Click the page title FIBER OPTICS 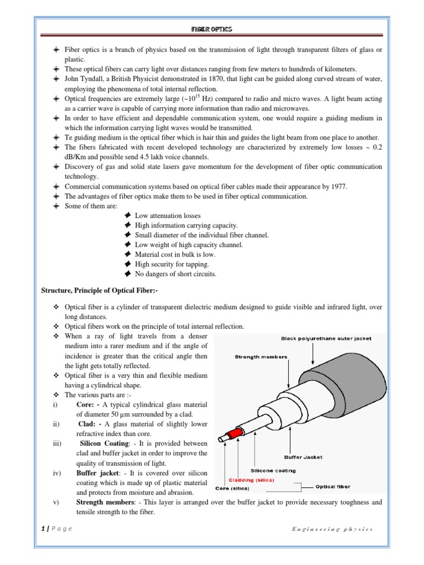click(x=212, y=29)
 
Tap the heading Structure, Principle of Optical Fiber click(x=100, y=291)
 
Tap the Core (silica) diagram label click(x=232, y=488)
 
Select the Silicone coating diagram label click(x=273, y=471)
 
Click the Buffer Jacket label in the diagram click(x=303, y=457)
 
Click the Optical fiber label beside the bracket click(x=333, y=487)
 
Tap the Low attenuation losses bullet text click(x=168, y=215)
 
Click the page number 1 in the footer click(x=43, y=529)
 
